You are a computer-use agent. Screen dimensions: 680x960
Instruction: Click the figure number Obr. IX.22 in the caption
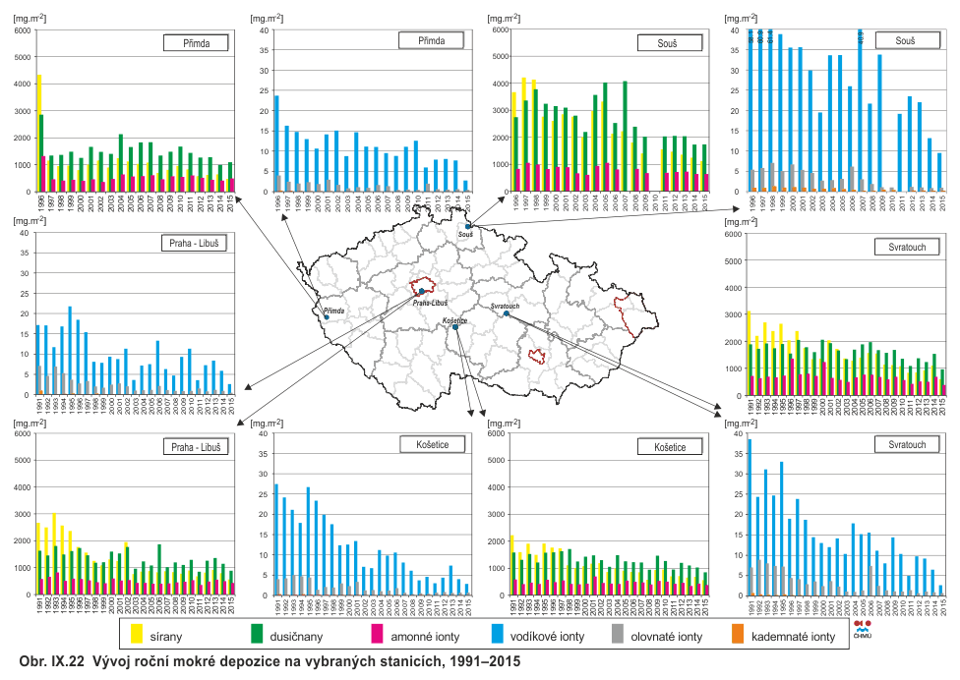[x=45, y=662]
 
